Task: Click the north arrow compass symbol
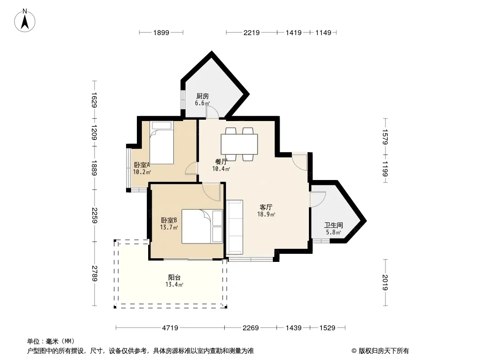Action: coord(25,21)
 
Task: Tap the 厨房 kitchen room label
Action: coord(203,96)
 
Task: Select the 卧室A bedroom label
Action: coord(142,165)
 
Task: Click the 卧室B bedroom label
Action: coord(169,220)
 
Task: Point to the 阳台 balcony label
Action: coord(175,277)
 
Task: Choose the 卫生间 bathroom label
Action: coord(334,225)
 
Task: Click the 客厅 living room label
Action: coord(266,207)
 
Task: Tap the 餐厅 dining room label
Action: coord(222,162)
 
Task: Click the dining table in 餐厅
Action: coord(240,144)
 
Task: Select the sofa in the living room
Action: coord(235,227)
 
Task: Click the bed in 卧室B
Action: coord(202,226)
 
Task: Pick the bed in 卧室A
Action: coord(162,143)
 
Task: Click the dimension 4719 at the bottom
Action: coord(170,328)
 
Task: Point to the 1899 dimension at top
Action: coord(161,32)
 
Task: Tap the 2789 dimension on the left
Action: coord(95,274)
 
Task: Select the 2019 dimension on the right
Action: coord(385,283)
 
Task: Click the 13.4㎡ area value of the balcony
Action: coord(175,285)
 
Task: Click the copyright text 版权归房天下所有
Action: coord(384,351)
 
